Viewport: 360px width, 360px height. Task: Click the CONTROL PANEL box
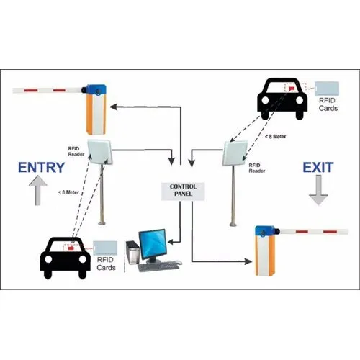coord(183,192)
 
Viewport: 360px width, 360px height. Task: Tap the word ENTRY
coord(42,168)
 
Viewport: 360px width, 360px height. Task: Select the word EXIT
coord(318,168)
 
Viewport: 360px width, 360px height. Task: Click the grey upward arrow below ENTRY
coord(37,190)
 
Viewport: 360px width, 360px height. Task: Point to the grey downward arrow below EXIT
coord(318,190)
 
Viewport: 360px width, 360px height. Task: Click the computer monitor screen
coord(153,245)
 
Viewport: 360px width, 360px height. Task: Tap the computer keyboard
coord(159,266)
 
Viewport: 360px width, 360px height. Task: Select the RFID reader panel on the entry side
coord(100,152)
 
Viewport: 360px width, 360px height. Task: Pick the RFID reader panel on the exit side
coord(235,153)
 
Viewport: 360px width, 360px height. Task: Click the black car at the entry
coord(66,258)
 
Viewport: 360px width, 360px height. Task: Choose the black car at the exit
coord(282,99)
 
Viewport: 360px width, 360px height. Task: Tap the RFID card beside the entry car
coord(105,248)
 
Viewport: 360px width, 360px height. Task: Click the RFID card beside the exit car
coord(327,89)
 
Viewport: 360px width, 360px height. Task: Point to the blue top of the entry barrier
coord(96,90)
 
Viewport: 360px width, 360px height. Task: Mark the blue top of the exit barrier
coord(265,232)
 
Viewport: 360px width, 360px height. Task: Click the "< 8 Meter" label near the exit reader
coord(276,136)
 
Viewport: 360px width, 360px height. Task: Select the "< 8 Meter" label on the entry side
coord(68,192)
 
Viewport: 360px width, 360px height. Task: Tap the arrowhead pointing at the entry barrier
coord(114,107)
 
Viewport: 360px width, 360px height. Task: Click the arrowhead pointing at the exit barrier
coord(248,261)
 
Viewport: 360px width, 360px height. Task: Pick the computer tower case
coord(132,253)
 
